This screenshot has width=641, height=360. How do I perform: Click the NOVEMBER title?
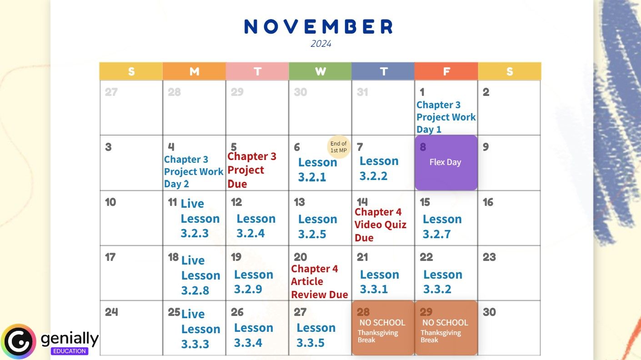pyautogui.click(x=319, y=27)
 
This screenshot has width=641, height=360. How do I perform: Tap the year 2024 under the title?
pyautogui.click(x=321, y=44)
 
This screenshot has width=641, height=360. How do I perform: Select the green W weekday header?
pyautogui.click(x=320, y=71)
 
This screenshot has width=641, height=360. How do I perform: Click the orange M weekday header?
pyautogui.click(x=194, y=71)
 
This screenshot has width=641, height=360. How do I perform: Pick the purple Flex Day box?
pyautogui.click(x=446, y=162)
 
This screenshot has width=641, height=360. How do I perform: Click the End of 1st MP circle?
pyautogui.click(x=339, y=147)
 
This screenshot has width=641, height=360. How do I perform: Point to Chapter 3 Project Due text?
pyautogui.click(x=251, y=170)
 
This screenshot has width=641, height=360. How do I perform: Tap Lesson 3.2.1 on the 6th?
pyautogui.click(x=317, y=170)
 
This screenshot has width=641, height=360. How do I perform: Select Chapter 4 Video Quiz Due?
pyautogui.click(x=381, y=225)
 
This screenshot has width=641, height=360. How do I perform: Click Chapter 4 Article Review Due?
pyautogui.click(x=319, y=282)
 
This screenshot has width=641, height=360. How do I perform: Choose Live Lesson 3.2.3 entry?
pyautogui.click(x=200, y=219)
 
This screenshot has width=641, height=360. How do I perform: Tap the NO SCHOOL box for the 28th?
pyautogui.click(x=383, y=328)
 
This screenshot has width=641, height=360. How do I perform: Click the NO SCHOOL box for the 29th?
pyautogui.click(x=446, y=328)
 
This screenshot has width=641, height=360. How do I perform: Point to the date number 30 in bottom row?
pyautogui.click(x=489, y=312)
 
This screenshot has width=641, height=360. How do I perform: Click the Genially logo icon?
pyautogui.click(x=19, y=341)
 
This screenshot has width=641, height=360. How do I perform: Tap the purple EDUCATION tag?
pyautogui.click(x=70, y=351)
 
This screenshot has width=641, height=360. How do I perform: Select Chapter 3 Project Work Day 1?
pyautogui.click(x=446, y=117)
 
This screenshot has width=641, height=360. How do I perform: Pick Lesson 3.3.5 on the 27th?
pyautogui.click(x=316, y=335)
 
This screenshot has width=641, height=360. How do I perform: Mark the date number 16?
pyautogui.click(x=488, y=202)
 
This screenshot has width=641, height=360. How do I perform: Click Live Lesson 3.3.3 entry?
pyautogui.click(x=200, y=329)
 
